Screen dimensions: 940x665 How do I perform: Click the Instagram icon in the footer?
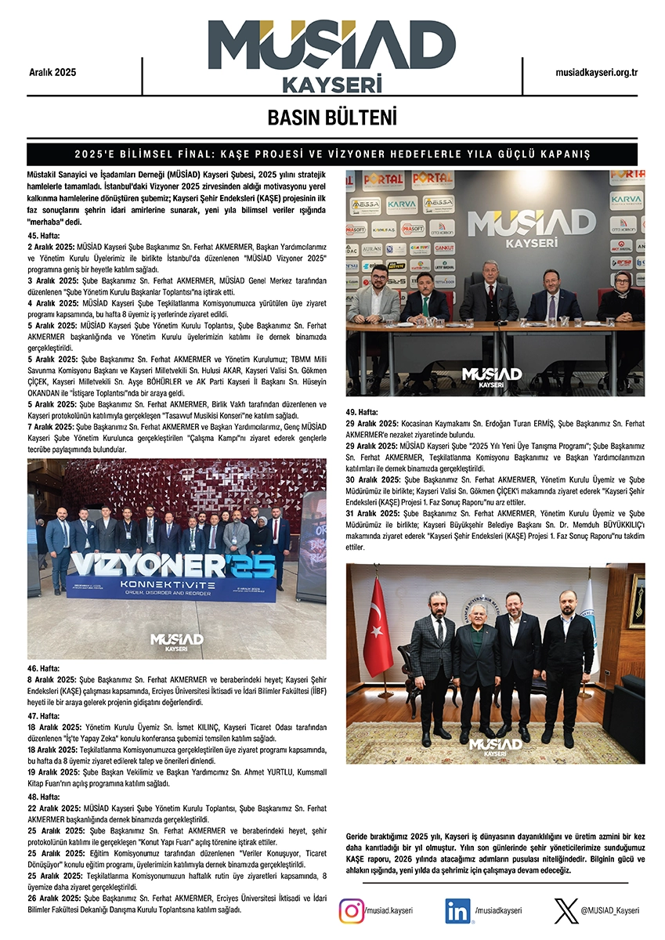(x=351, y=911)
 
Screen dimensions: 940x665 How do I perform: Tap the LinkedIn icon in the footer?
(x=458, y=911)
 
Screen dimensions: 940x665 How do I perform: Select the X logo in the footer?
(x=566, y=911)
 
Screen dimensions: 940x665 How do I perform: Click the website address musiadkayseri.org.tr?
(x=596, y=72)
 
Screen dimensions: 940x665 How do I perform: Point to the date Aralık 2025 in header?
(x=52, y=72)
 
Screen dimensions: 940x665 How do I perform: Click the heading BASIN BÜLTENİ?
(x=332, y=117)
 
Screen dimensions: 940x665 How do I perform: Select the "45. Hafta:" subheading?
(x=45, y=235)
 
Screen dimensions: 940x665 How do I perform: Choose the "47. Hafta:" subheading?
(x=45, y=716)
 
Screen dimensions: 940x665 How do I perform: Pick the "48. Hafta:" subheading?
(x=45, y=797)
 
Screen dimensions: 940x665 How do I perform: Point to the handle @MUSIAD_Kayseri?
(x=609, y=911)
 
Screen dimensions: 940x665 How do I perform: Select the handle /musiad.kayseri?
(x=389, y=911)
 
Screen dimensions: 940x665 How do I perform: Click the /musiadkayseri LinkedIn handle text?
(x=497, y=911)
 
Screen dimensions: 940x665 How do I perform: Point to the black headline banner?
(x=332, y=154)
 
